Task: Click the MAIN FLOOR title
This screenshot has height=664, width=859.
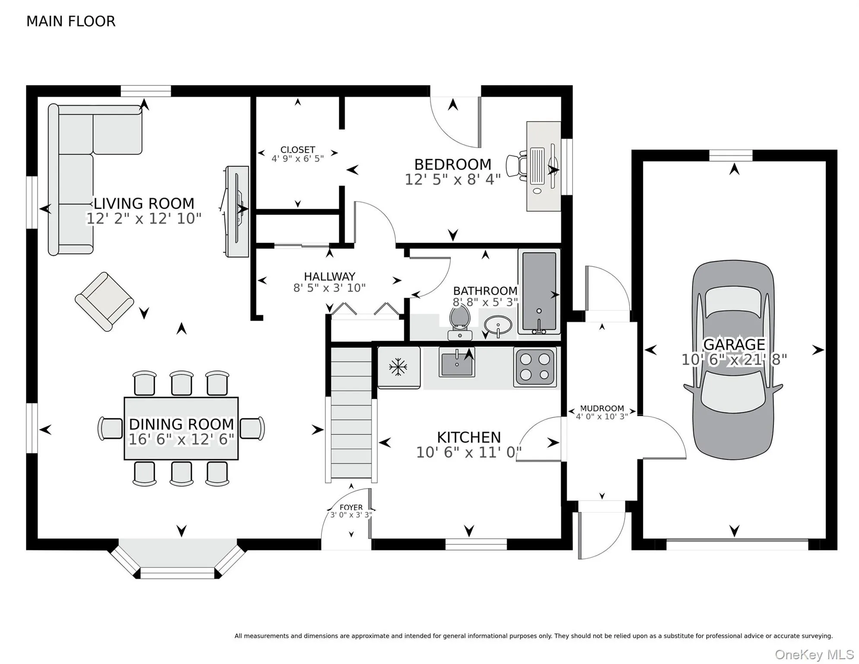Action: (71, 21)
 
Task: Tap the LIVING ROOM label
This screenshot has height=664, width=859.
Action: (144, 203)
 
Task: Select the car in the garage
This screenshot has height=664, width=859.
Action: (733, 360)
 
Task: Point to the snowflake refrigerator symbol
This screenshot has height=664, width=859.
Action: (398, 367)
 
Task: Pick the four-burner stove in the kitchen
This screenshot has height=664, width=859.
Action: (535, 367)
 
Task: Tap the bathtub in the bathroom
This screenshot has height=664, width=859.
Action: (539, 292)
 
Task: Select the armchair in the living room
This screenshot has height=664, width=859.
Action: (105, 302)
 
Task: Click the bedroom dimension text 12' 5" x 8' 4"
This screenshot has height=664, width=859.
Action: (453, 179)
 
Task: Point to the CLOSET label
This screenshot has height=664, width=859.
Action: (298, 150)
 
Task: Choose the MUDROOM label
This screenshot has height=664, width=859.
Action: (602, 408)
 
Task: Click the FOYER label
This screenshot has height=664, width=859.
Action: (351, 507)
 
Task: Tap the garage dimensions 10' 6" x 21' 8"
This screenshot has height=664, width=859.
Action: (734, 360)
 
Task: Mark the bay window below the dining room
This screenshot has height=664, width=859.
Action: (177, 559)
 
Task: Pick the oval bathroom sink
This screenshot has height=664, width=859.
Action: (498, 325)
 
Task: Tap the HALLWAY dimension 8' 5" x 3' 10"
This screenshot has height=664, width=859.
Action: (330, 288)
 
